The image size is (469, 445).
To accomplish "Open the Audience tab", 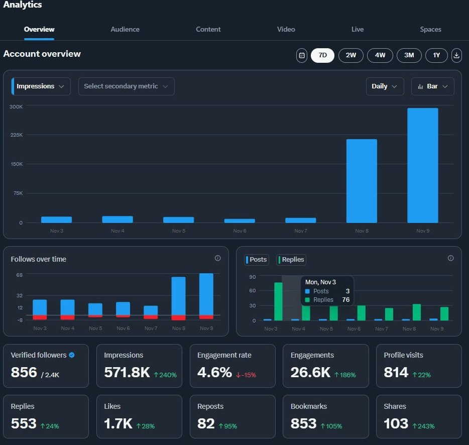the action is click(125, 29).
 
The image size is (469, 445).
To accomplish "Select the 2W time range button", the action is click(351, 55).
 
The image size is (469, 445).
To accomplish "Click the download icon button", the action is click(456, 55).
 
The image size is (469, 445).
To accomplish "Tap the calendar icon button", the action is click(302, 55).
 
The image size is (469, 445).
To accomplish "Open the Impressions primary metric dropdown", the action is click(41, 86).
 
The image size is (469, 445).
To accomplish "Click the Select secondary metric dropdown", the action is click(126, 86).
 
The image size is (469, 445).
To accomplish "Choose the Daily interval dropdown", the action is click(385, 86).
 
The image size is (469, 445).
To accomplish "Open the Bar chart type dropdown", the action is click(432, 86).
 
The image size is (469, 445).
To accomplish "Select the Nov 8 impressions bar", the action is click(362, 181).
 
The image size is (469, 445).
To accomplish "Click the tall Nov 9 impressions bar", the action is click(423, 165).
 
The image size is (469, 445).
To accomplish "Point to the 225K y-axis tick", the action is click(17, 135).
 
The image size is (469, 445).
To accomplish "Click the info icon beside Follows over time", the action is click(218, 258).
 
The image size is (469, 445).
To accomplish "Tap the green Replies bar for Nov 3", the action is click(278, 301).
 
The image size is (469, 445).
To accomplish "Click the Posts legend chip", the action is click(257, 260).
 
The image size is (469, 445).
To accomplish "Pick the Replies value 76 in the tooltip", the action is click(346, 299).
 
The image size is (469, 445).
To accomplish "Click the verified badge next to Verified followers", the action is click(72, 355).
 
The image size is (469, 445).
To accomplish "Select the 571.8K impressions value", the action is click(127, 372).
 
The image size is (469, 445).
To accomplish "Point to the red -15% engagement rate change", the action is click(246, 375).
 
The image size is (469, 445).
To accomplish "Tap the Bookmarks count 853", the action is click(303, 423).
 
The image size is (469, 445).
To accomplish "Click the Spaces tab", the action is click(430, 29).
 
